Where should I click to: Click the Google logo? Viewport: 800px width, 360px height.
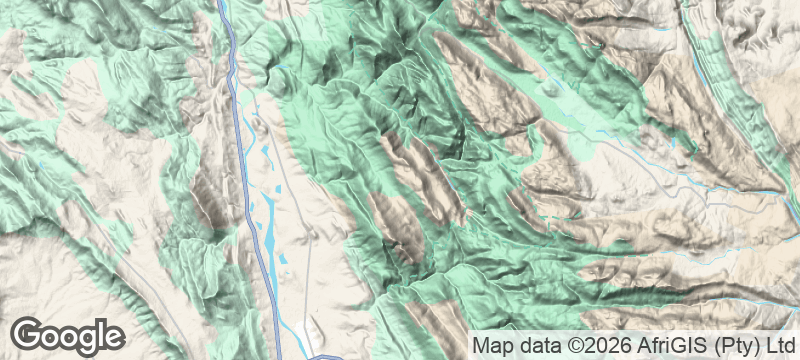[68, 335]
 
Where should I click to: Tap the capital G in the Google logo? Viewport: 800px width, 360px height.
[29, 334]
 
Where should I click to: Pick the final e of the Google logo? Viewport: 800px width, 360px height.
[113, 336]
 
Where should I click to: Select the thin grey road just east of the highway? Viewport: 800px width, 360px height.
[300, 200]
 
